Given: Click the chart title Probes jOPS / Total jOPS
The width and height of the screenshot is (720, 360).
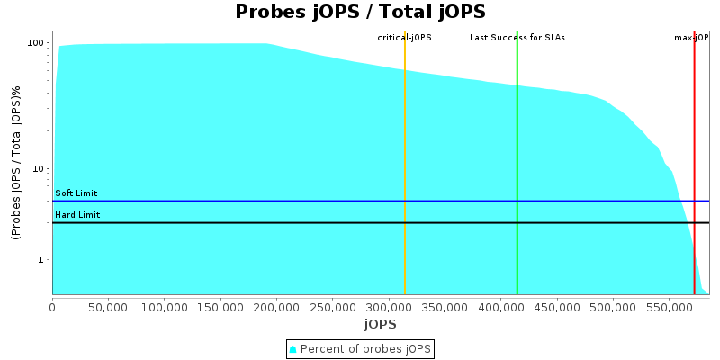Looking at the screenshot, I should click(360, 12).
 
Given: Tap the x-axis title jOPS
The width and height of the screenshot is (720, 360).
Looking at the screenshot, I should click(380, 324).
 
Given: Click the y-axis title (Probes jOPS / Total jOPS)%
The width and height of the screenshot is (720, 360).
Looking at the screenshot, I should click(16, 163).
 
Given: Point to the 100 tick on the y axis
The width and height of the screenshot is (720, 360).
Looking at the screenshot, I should click(36, 43).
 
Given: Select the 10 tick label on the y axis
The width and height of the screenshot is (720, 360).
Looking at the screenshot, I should click(39, 169).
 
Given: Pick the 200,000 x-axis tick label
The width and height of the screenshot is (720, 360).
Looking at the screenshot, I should click(276, 307).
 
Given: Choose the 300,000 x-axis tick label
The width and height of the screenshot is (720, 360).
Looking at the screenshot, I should click(388, 307).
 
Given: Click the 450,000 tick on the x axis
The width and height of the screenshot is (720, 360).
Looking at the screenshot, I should click(556, 307).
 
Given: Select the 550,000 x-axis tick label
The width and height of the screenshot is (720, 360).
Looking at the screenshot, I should click(669, 307).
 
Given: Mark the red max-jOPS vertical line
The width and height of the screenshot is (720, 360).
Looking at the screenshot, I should click(694, 162).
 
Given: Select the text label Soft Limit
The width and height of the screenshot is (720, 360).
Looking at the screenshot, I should click(76, 193).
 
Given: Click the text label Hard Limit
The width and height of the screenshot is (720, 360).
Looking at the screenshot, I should click(77, 215).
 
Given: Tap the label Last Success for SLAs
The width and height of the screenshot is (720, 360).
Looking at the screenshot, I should click(517, 38).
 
